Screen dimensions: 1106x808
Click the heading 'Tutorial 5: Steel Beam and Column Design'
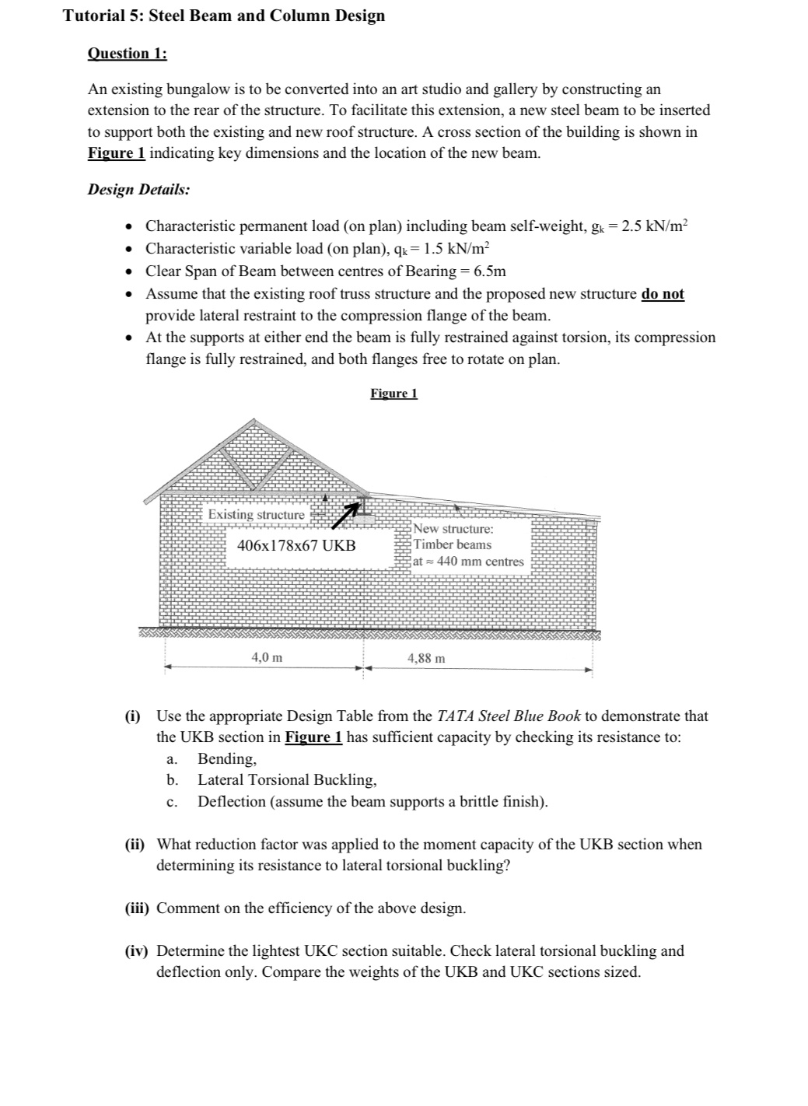click(223, 16)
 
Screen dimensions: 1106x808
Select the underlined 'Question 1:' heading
click(127, 54)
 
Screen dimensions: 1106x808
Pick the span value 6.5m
click(489, 271)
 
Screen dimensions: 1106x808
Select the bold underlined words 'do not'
click(663, 294)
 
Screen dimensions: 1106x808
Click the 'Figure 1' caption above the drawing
click(394, 394)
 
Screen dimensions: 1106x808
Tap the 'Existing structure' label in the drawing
click(256, 515)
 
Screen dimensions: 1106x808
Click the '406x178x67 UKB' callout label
click(296, 545)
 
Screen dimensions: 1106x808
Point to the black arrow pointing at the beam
click(348, 513)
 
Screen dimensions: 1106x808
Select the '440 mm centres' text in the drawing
click(480, 562)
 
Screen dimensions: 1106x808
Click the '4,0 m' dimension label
click(267, 658)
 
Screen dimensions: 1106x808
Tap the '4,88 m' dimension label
click(426, 659)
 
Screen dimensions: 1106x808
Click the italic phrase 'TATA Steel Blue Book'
click(509, 716)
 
